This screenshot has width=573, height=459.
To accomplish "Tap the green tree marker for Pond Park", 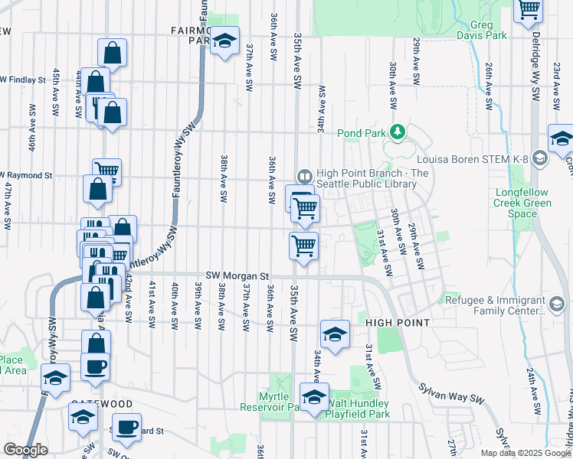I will [397, 132].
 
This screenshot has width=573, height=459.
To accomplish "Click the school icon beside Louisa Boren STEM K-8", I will [539, 158].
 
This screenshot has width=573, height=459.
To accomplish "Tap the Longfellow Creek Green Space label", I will [523, 203].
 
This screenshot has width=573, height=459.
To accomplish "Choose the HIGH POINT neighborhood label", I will [398, 323].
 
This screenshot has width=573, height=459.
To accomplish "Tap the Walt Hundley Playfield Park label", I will [358, 409].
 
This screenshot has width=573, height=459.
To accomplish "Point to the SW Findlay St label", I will [26, 79].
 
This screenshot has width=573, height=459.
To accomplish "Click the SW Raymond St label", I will [26, 175].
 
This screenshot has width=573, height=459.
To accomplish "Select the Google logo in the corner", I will [25, 450].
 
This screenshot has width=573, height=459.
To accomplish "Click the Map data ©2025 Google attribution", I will [525, 453].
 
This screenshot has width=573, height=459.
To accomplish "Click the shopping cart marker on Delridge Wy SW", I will [529, 9].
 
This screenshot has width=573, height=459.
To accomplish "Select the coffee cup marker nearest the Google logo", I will [126, 425].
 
